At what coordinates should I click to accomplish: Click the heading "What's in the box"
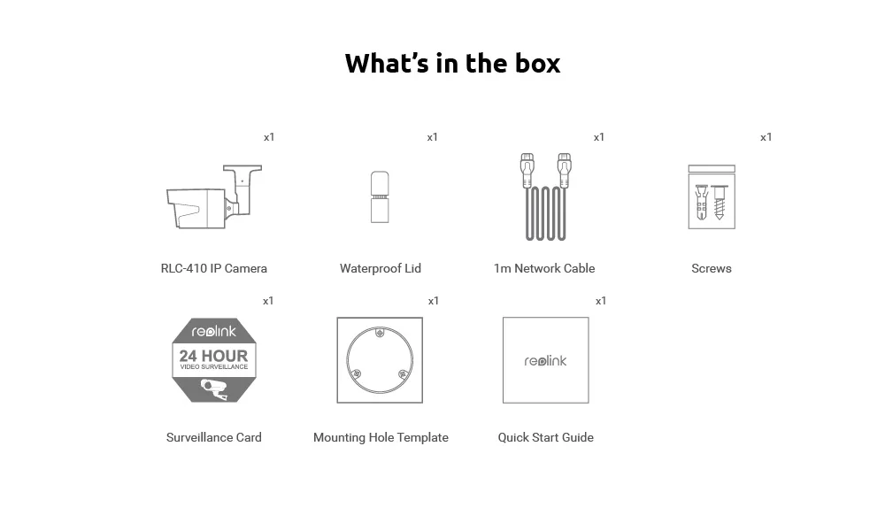pos(452,64)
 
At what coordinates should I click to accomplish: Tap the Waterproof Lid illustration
pos(380,197)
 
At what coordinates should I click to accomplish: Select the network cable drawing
pos(543,197)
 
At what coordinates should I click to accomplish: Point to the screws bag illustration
pos(712,197)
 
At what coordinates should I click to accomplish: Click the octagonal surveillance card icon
pos(214,360)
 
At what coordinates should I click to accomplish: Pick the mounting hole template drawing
pos(380,360)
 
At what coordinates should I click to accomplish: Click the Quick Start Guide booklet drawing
pos(545,360)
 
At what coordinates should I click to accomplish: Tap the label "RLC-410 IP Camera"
pos(213,268)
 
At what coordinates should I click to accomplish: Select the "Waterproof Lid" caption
pos(381,268)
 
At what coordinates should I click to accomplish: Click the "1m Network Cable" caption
pos(544,268)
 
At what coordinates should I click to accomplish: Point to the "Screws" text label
pos(712,268)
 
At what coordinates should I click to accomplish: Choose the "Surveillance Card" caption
pos(214,437)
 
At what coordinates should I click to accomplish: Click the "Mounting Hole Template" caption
pos(381,437)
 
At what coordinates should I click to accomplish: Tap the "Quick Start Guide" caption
pos(545,437)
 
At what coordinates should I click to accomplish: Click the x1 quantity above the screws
pos(766,137)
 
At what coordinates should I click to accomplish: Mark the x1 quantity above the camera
pos(269,137)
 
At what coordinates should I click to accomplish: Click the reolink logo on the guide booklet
pos(545,361)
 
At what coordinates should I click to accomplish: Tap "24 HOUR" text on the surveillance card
pos(214,356)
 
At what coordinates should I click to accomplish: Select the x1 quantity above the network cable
pos(599,137)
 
